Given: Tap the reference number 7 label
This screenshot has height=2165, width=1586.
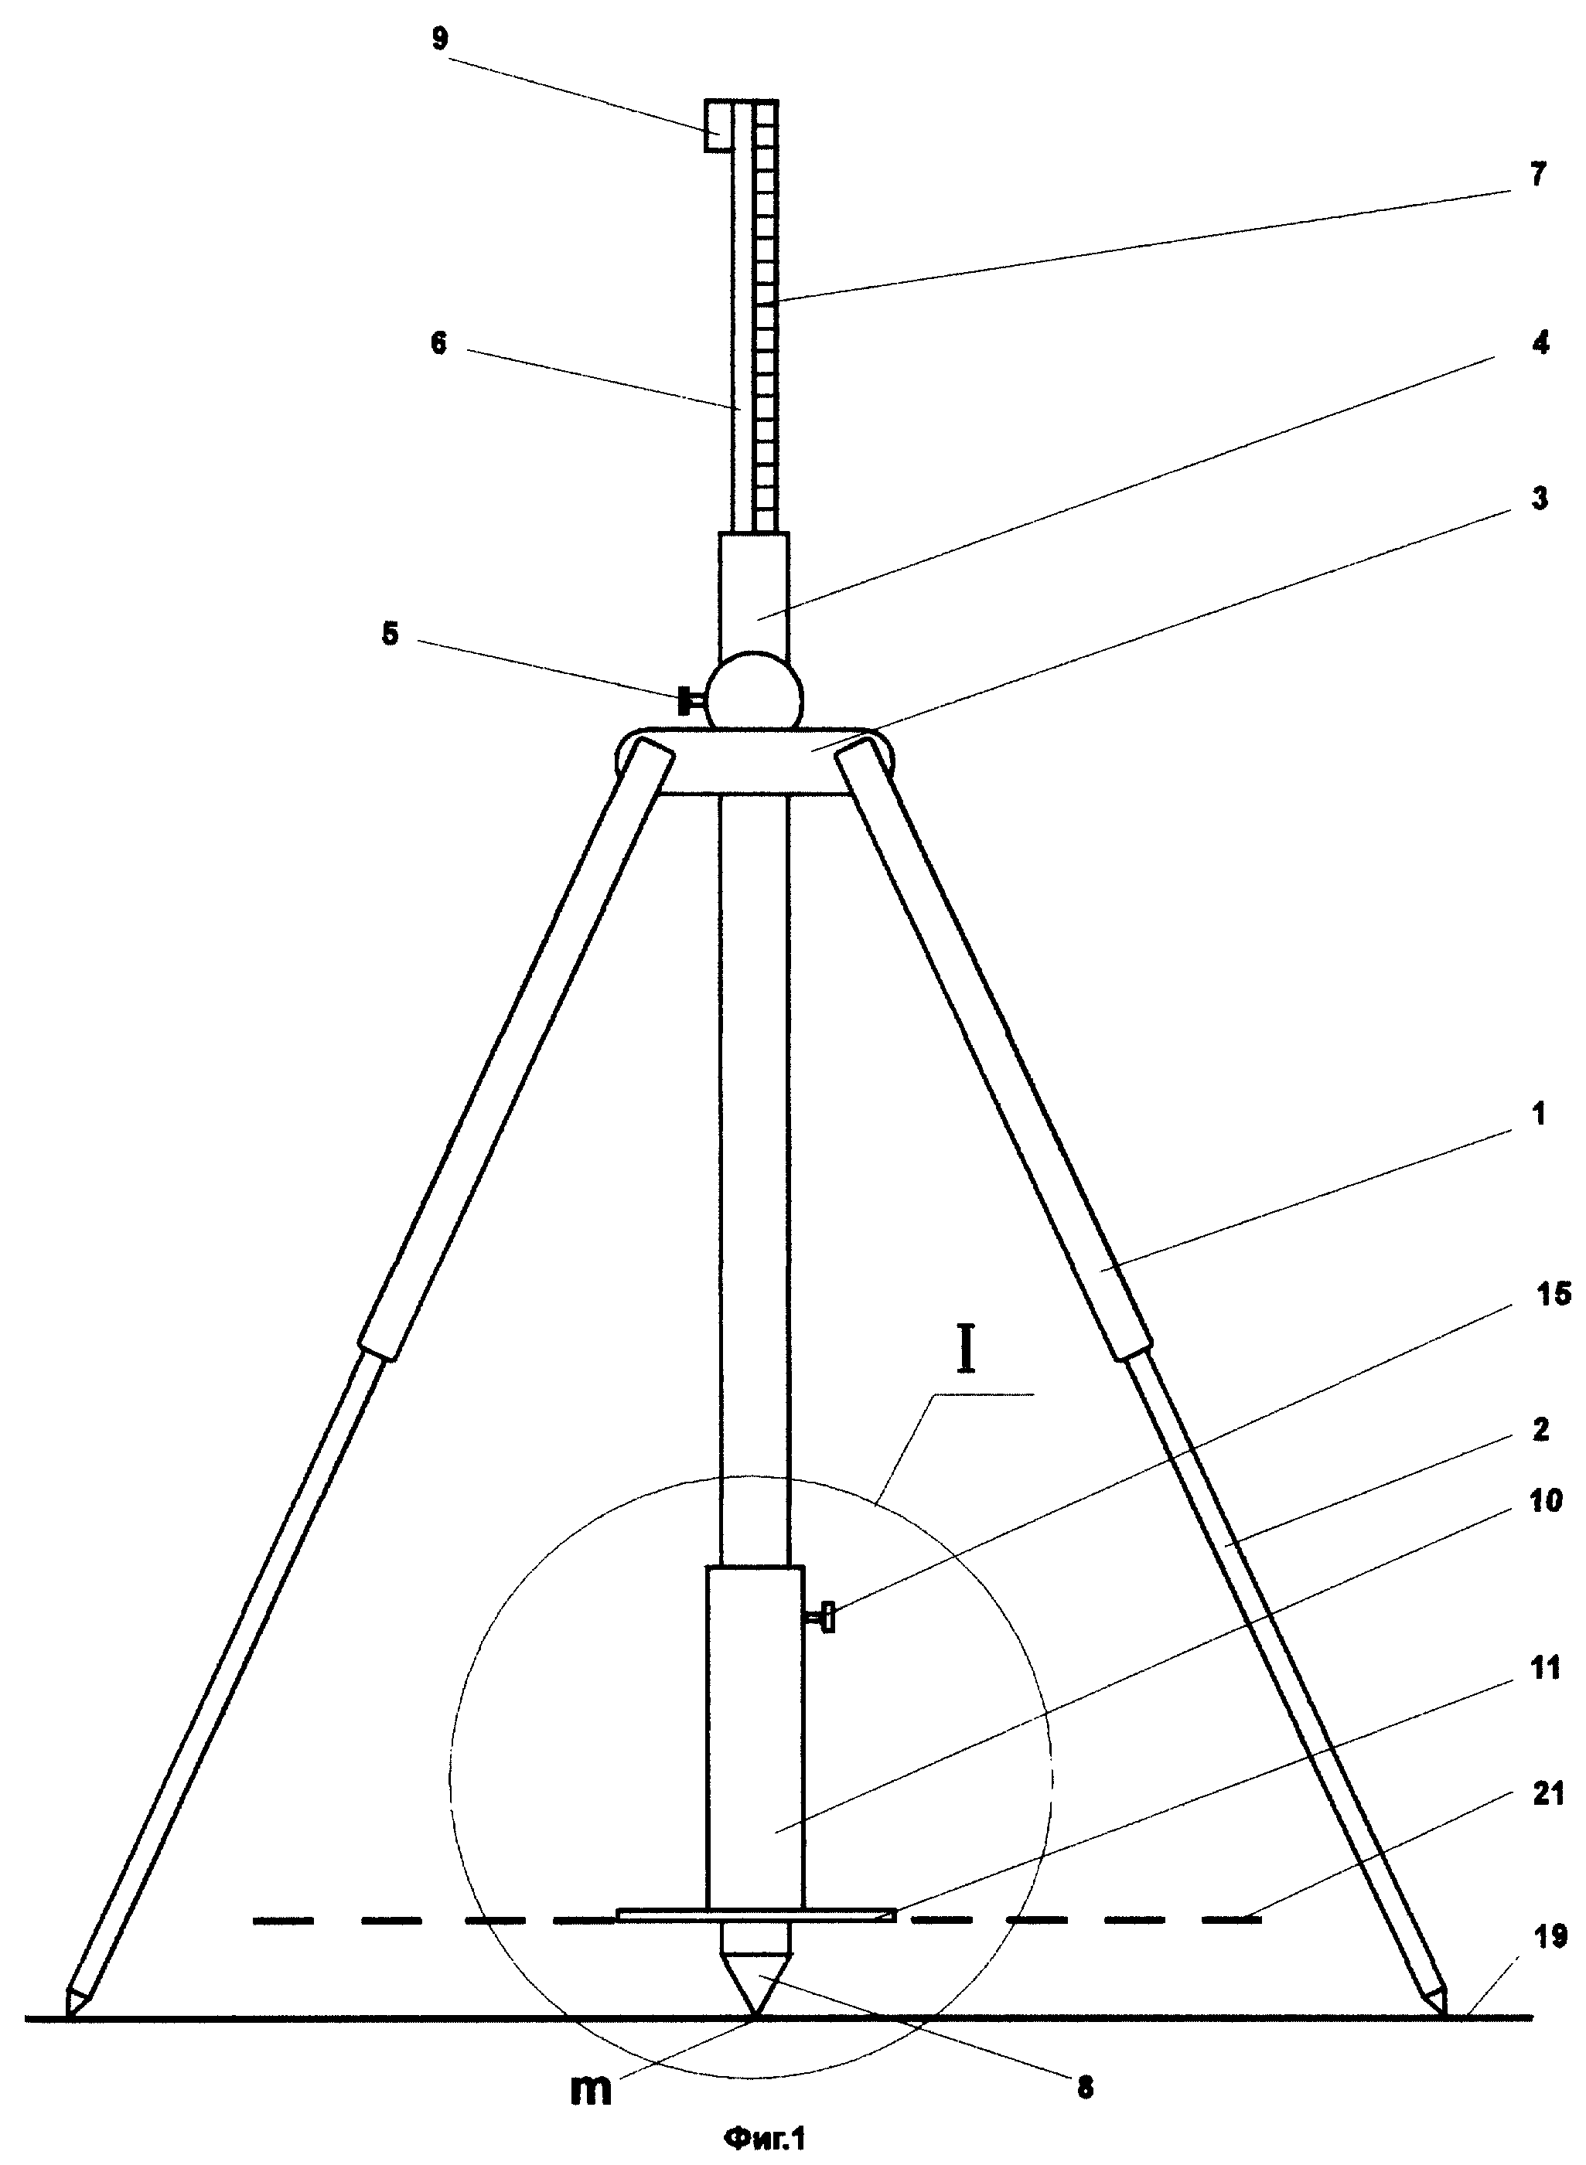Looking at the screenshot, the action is (x=1539, y=175).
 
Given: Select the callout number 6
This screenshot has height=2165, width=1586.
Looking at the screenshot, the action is (x=438, y=343).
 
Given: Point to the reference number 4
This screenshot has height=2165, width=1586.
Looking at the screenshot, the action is (x=1541, y=342).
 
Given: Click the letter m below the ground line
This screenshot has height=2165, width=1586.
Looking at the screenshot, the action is (x=592, y=2089).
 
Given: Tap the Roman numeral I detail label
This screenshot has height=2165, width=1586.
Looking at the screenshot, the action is (x=967, y=1351).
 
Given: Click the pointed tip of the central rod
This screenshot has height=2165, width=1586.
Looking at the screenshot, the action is (x=755, y=2017).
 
